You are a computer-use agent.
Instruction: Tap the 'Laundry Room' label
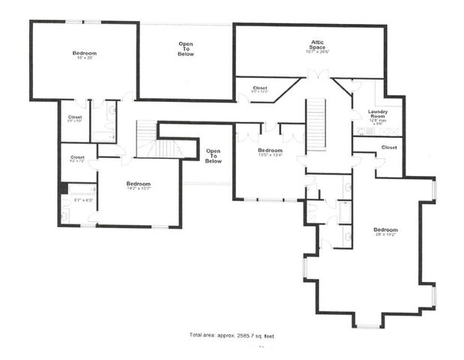click(378, 115)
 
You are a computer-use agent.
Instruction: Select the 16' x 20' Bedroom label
click(84, 55)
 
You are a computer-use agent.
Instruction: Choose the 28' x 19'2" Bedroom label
click(386, 232)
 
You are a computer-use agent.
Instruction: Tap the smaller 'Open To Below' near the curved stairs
click(214, 156)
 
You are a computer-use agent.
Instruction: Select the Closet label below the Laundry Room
click(389, 148)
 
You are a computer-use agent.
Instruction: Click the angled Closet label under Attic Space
click(260, 89)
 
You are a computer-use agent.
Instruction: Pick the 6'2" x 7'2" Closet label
click(76, 158)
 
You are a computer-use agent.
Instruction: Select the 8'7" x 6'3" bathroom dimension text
click(83, 199)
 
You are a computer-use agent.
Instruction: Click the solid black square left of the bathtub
click(64, 188)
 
